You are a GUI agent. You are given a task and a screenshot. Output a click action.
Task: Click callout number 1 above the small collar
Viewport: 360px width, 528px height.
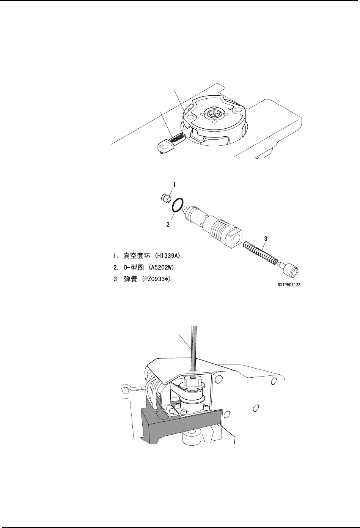pos(174,184)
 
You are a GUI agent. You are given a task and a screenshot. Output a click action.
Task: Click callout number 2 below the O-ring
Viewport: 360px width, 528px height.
pos(168,224)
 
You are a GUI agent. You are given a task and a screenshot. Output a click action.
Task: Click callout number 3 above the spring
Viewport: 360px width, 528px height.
pos(266,238)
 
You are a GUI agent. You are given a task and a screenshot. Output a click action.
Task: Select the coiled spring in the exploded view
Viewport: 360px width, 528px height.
pos(260,254)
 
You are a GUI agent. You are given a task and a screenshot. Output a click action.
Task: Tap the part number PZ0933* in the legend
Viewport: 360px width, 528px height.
pos(156,279)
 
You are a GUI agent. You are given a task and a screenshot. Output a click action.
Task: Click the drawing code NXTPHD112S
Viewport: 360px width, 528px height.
pos(289,285)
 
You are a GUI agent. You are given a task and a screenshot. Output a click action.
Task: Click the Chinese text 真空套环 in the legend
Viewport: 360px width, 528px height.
pos(137,256)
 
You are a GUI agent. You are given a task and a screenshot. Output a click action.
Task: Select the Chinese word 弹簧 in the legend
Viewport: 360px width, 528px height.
pos(130,279)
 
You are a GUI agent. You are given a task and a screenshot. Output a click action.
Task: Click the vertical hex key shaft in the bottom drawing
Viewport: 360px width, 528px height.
pos(194,351)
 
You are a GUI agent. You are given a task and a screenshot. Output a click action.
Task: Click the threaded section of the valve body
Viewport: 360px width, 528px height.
pos(220,229)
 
